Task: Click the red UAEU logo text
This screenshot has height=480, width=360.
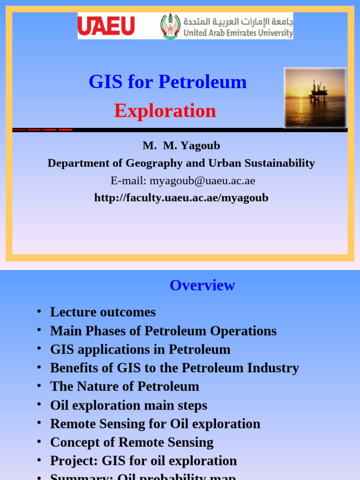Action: click(x=106, y=26)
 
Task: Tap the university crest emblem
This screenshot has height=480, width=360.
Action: click(x=170, y=26)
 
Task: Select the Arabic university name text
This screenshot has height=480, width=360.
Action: click(x=238, y=22)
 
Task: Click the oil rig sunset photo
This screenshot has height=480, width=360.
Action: click(x=315, y=97)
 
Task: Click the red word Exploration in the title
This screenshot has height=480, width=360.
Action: click(x=165, y=111)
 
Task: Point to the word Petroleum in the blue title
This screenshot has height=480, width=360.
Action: click(x=202, y=82)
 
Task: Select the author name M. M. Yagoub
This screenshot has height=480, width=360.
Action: click(x=181, y=146)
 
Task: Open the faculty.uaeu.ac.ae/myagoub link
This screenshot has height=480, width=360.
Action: click(x=181, y=198)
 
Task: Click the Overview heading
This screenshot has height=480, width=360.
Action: click(x=202, y=285)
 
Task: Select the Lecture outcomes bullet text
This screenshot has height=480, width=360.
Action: click(x=103, y=312)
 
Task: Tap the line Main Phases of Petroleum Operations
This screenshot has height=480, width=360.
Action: click(x=163, y=331)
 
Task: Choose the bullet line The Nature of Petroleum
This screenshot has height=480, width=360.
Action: click(x=125, y=387)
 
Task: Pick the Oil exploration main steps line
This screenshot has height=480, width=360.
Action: click(x=128, y=405)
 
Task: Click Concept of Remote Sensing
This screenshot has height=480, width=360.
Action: click(x=132, y=442)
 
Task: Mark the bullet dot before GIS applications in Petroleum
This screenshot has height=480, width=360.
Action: click(x=39, y=348)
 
